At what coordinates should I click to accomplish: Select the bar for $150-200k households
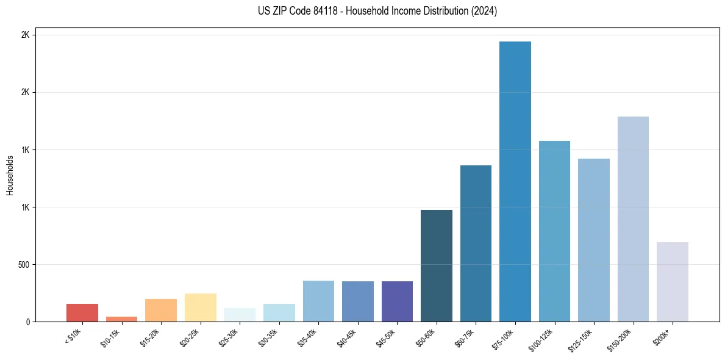click(x=633, y=219)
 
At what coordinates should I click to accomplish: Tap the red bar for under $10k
click(x=82, y=312)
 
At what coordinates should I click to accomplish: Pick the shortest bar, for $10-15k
click(x=121, y=319)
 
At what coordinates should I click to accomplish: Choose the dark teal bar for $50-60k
click(x=437, y=265)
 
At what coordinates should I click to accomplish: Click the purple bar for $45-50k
click(x=397, y=301)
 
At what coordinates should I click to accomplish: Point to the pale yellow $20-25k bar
click(x=201, y=308)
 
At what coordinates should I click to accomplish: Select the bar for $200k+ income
click(x=673, y=282)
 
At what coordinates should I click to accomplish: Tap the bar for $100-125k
click(x=554, y=231)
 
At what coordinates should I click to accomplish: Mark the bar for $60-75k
click(x=476, y=243)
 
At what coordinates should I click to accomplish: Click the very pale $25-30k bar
click(x=240, y=315)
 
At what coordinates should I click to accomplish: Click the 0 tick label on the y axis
click(x=27, y=322)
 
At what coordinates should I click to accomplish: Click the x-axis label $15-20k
click(x=151, y=336)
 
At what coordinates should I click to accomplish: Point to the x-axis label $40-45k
click(x=348, y=336)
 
